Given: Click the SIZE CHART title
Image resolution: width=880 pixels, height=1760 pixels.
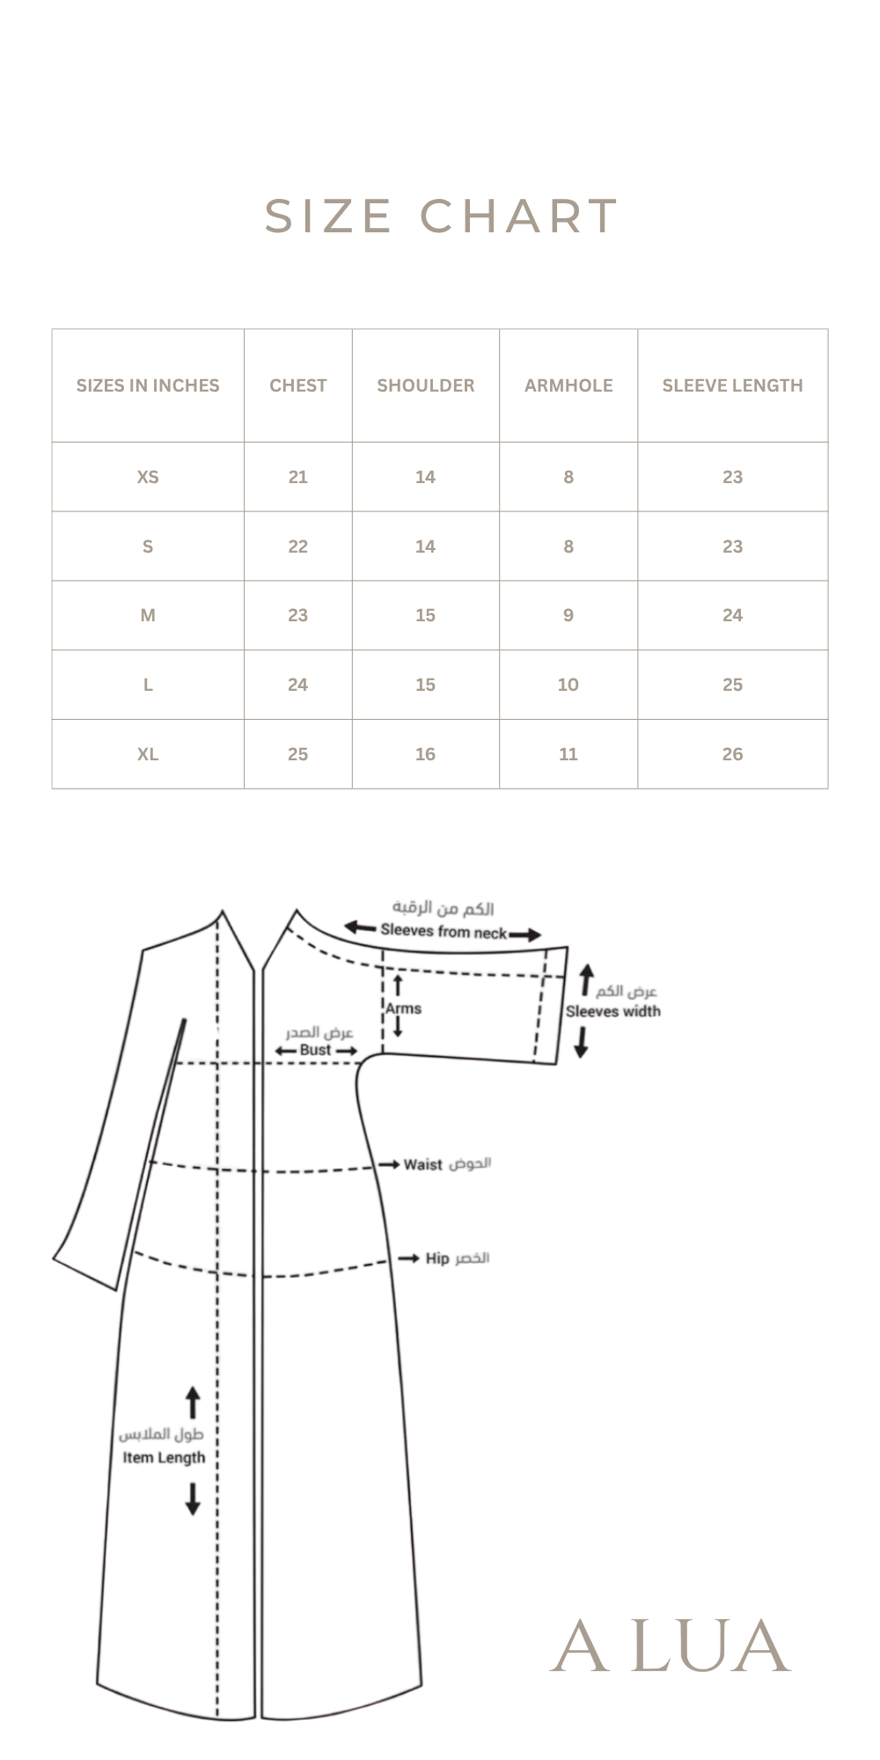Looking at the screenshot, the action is point(441,216).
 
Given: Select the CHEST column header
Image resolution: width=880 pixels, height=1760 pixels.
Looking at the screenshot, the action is point(298,385).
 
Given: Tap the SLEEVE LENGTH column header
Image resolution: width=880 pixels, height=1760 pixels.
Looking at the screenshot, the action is point(733,385).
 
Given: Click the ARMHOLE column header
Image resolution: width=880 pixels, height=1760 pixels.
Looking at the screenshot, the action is point(568,385).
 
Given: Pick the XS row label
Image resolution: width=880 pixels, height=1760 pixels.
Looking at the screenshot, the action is point(148,477).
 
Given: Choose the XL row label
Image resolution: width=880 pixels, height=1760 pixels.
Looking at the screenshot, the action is point(148,754).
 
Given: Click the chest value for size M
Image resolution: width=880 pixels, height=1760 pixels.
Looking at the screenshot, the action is point(298,615).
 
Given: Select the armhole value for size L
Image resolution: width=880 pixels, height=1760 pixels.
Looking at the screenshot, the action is point(568,685).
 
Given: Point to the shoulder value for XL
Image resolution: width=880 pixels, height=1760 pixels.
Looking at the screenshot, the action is point(425,754).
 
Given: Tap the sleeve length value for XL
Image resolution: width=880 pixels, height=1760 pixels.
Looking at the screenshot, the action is point(733,754).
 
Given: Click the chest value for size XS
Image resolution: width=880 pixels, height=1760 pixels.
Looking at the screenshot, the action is point(298,477).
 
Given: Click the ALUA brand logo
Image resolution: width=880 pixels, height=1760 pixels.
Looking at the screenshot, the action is point(671,1646).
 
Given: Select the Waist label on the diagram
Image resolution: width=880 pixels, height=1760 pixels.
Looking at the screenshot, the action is point(422,1164).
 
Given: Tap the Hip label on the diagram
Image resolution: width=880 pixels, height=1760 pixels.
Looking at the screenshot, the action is point(437,1258).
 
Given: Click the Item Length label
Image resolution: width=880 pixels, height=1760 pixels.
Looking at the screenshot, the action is point(164,1457).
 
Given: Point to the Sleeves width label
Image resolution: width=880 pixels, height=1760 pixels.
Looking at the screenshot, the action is point(612,1011).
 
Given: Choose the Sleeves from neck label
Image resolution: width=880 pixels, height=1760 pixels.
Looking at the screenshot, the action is point(444,930).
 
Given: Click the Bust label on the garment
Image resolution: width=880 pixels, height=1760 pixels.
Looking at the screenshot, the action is point(315,1050).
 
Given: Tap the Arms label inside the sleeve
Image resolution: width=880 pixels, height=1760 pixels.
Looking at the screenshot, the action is point(404,1008).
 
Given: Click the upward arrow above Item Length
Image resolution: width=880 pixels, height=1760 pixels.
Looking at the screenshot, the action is point(193,1403).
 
